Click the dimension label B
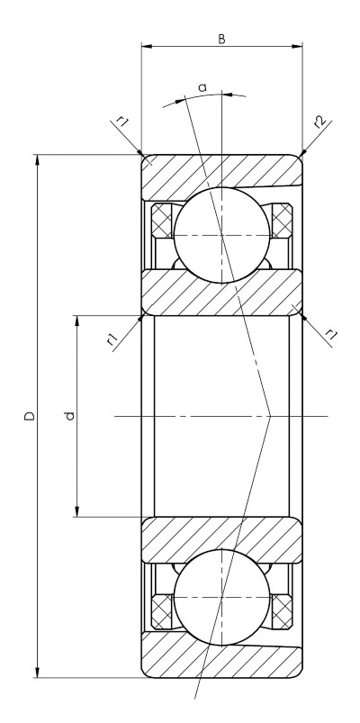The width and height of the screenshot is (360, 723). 221,40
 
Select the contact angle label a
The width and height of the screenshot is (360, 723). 202,87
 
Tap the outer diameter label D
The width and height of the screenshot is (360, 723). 30,416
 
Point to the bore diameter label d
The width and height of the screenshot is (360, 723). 69,416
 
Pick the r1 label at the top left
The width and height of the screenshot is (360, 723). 122,122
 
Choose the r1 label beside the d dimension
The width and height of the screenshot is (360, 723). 112,340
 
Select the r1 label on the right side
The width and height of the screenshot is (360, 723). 331,335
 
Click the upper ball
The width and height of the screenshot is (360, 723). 221,235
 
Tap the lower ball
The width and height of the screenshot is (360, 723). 221,598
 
